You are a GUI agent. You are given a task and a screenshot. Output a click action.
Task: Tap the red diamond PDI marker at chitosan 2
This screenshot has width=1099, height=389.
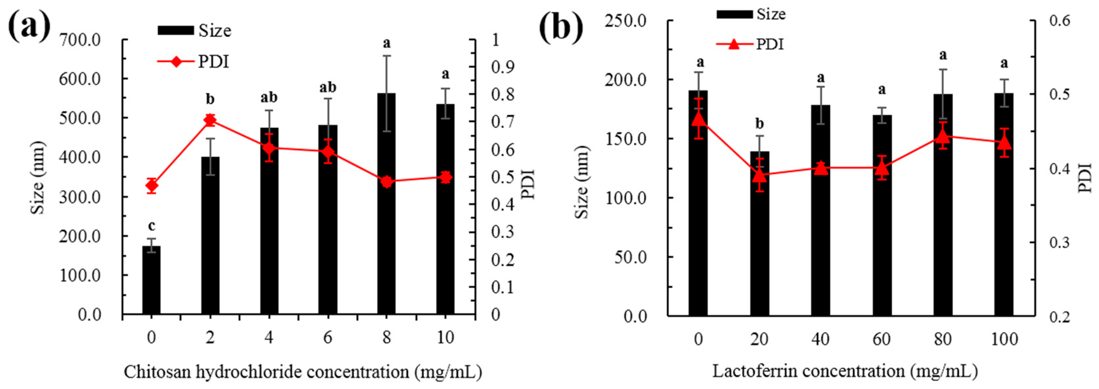(210, 120)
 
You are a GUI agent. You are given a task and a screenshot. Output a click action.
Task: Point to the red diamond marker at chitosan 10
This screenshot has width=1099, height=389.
(445, 177)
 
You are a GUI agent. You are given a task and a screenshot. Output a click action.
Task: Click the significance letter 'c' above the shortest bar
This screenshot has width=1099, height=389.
(152, 225)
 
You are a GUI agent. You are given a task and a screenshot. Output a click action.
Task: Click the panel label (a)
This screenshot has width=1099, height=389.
(29, 28)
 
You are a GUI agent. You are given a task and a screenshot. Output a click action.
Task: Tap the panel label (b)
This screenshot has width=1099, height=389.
(561, 28)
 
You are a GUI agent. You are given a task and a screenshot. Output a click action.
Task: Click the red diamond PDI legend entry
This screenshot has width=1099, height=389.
(193, 62)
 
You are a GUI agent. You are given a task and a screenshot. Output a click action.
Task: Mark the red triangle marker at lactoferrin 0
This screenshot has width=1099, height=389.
(698, 119)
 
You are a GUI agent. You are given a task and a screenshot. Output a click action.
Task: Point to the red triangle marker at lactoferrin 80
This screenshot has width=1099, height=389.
(943, 136)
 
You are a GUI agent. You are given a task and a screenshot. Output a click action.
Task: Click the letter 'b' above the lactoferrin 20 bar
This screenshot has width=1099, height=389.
(759, 123)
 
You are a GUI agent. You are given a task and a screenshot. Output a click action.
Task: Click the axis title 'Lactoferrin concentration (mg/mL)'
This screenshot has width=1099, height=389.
(845, 370)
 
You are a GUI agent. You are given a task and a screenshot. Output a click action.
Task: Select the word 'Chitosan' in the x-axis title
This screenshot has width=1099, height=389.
(156, 372)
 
